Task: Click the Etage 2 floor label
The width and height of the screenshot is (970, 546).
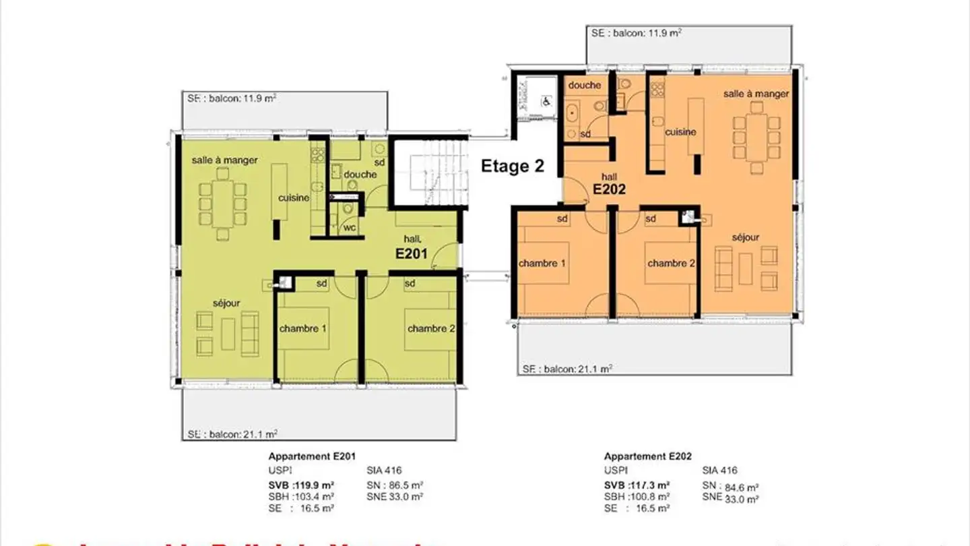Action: pyautogui.click(x=512, y=166)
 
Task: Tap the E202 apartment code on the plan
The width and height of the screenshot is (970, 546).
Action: pyautogui.click(x=609, y=189)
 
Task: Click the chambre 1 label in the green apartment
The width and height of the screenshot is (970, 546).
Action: pyautogui.click(x=303, y=329)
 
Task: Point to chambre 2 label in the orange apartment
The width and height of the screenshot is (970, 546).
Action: pyautogui.click(x=671, y=263)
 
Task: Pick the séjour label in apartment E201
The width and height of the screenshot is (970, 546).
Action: pyautogui.click(x=226, y=303)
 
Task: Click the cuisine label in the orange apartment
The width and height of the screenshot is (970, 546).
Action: pyautogui.click(x=680, y=132)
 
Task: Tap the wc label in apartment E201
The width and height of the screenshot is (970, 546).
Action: pyautogui.click(x=350, y=228)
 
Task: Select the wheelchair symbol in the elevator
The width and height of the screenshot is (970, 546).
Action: pyautogui.click(x=546, y=102)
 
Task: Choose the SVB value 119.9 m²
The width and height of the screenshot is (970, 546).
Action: pyautogui.click(x=302, y=485)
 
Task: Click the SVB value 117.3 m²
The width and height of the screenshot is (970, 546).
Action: pyautogui.click(x=637, y=485)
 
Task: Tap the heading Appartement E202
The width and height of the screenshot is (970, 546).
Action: pyautogui.click(x=647, y=456)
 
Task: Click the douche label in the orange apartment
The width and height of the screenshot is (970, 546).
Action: pyautogui.click(x=584, y=86)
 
